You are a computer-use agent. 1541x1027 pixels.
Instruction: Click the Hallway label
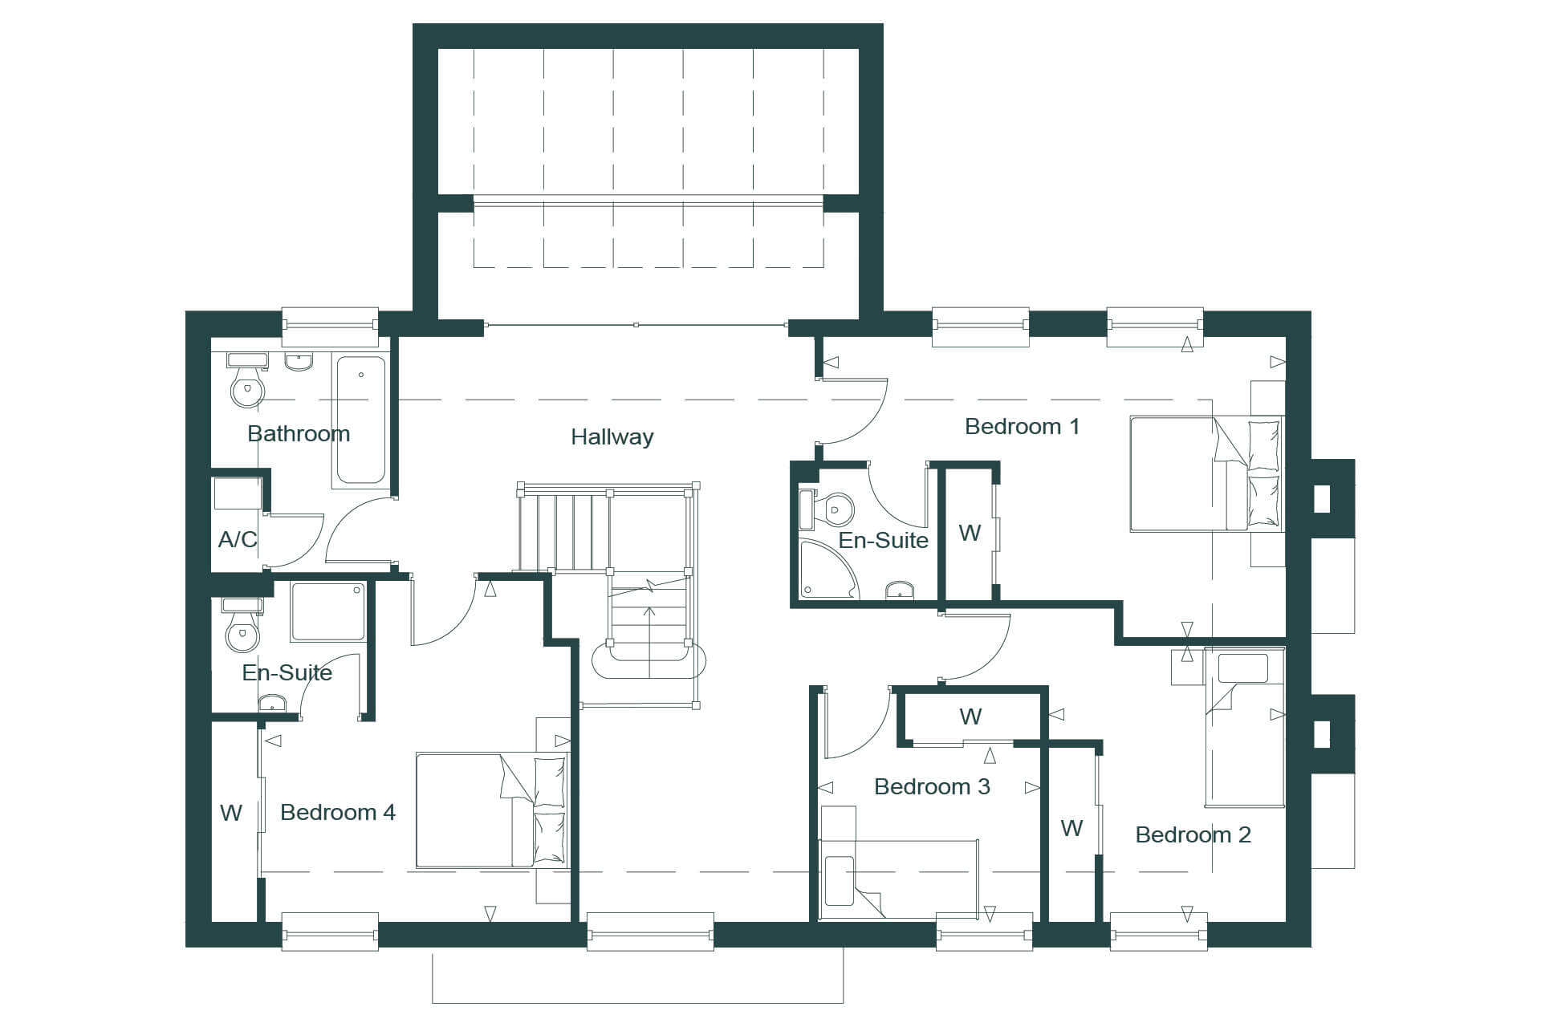tap(612, 437)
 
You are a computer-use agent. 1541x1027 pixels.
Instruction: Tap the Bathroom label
tap(299, 434)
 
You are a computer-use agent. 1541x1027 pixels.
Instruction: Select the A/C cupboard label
tap(238, 539)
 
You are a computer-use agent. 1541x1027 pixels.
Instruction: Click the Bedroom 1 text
tap(1022, 426)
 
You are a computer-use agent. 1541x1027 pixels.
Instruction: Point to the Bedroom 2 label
tap(1193, 834)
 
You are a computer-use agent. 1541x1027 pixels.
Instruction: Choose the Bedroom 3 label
tap(932, 786)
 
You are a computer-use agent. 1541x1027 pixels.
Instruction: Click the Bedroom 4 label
tap(338, 812)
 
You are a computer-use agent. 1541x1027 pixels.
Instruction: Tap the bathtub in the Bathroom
tap(360, 421)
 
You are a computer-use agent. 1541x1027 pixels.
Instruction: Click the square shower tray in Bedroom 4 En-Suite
tap(328, 611)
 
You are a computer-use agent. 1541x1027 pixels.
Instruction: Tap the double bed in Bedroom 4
tap(491, 810)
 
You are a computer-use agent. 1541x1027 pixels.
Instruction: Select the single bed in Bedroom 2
tap(1245, 727)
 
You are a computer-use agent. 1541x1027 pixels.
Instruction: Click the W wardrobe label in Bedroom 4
tap(231, 813)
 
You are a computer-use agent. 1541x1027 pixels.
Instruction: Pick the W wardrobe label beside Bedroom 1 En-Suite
tap(970, 533)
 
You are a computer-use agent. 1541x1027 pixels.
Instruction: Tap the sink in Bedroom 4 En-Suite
tap(273, 704)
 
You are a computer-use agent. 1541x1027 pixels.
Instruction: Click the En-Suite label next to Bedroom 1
tap(883, 541)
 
